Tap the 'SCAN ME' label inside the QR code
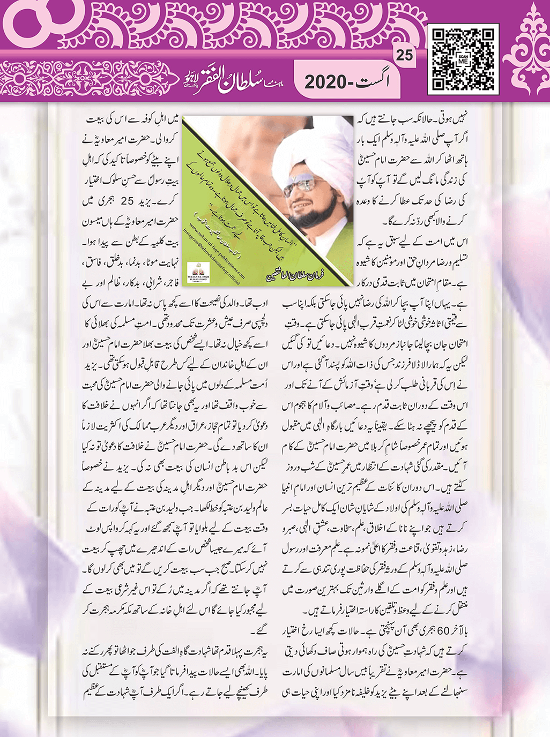click(464, 59)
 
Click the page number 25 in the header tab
click(405, 55)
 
